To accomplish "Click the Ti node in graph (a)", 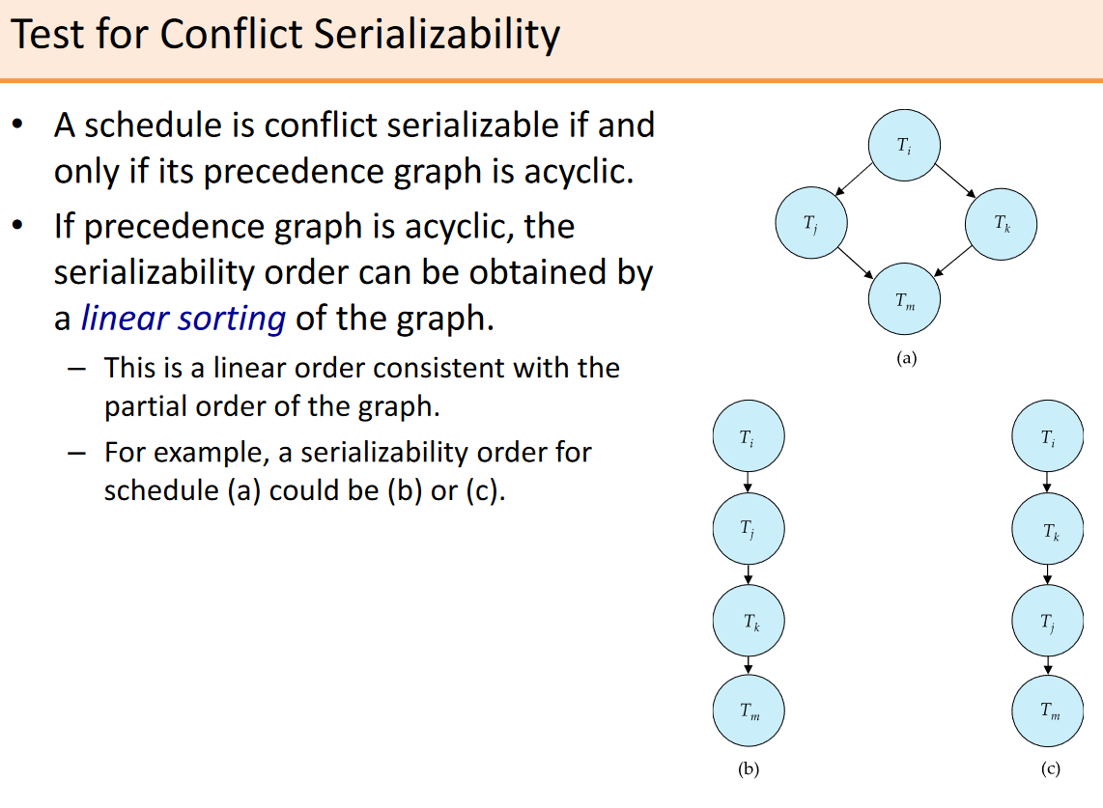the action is [x=904, y=145].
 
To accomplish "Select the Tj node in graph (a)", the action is [x=811, y=222].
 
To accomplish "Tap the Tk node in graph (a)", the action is [x=1001, y=224].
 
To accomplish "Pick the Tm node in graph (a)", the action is [x=904, y=299].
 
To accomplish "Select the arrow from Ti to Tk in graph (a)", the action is [x=955, y=181].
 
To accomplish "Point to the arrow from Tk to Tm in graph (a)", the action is [x=952, y=262].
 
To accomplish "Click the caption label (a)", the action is [x=906, y=358].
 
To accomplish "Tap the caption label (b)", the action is [x=749, y=768].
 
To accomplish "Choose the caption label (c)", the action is [x=1050, y=768].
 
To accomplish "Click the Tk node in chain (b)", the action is [x=749, y=621].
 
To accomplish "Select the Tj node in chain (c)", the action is [x=1047, y=621].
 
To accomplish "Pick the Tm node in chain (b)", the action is [x=749, y=710].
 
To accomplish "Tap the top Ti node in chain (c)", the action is [x=1047, y=436].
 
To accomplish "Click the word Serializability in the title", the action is [x=437, y=35].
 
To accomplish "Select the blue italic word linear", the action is [x=123, y=318].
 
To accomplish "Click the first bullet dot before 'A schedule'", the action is [x=17, y=125].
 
